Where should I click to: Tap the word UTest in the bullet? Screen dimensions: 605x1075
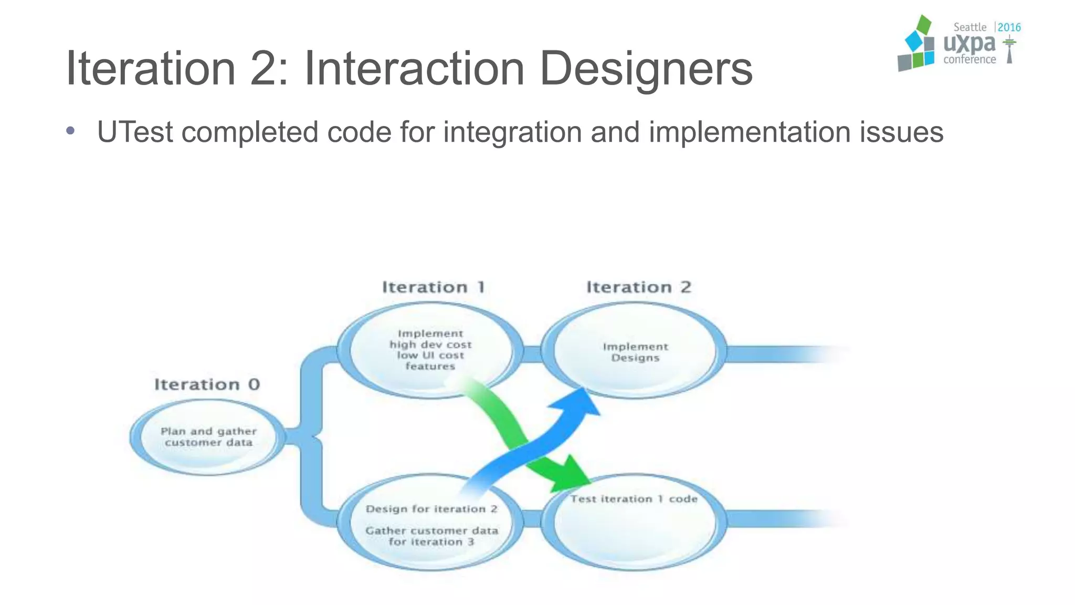point(135,132)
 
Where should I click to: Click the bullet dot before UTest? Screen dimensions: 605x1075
point(70,131)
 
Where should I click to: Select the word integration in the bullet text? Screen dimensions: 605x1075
point(512,132)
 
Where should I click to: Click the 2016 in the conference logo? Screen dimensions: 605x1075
point(1009,27)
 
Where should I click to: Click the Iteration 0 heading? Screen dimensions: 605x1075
point(207,384)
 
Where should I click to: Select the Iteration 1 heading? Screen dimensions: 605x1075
point(433,287)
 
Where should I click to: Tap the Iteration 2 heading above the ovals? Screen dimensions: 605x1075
point(638,287)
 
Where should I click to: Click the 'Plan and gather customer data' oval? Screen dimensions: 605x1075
point(208,437)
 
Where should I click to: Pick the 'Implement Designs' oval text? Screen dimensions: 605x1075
point(635,352)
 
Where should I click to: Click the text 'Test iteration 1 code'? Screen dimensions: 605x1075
point(634,499)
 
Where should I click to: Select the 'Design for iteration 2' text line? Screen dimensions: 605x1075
point(431,509)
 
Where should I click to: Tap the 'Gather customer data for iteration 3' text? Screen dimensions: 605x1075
point(431,536)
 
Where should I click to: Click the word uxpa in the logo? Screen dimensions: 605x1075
point(969,44)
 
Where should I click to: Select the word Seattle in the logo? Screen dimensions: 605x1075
point(969,27)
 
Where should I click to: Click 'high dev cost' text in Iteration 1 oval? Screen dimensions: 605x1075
point(430,345)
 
